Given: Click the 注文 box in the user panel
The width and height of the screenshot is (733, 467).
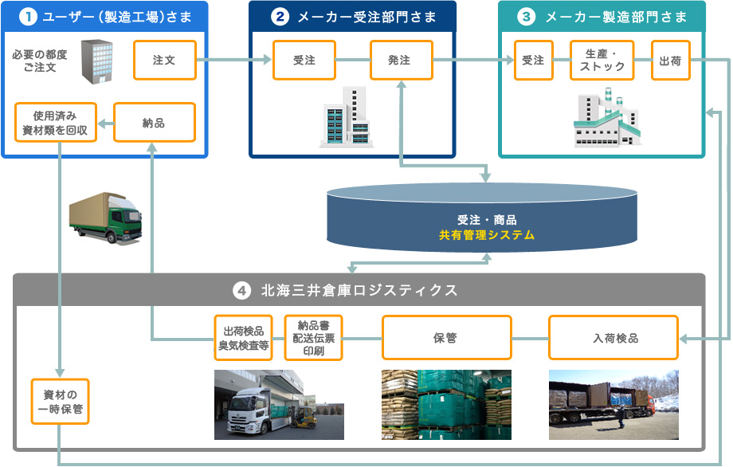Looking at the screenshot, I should tap(164, 61).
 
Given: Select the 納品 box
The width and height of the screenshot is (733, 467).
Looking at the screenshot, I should tap(154, 123).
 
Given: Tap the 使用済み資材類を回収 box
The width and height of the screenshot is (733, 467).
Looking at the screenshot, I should tap(56, 123).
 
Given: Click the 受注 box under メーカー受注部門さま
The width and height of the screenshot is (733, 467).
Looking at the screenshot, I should tap(304, 61).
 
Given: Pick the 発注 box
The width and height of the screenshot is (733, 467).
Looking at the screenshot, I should tap(401, 61).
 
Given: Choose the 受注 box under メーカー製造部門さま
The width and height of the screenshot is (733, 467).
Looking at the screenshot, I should tap(533, 61).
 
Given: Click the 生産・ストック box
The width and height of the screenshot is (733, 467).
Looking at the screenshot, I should tap(602, 61).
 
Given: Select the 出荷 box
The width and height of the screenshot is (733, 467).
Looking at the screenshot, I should tap(670, 61).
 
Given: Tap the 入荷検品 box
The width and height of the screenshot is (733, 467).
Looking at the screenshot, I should tap(613, 338).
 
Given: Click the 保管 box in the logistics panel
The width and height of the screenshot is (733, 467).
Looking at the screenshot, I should tap(445, 338).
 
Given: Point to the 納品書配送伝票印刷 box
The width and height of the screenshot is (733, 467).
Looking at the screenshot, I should tap(313, 338).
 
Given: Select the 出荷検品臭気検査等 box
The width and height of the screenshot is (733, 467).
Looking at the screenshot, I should tap(244, 338).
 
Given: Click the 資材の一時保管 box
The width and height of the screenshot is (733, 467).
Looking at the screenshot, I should tap(61, 402).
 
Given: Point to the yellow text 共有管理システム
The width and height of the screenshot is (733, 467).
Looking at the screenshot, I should tap(486, 235).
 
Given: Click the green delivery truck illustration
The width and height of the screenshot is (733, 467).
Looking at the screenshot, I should tap(104, 217).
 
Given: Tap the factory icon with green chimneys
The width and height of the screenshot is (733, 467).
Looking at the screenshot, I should tap(606, 118).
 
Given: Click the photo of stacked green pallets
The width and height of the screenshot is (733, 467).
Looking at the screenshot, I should tap(446, 405).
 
